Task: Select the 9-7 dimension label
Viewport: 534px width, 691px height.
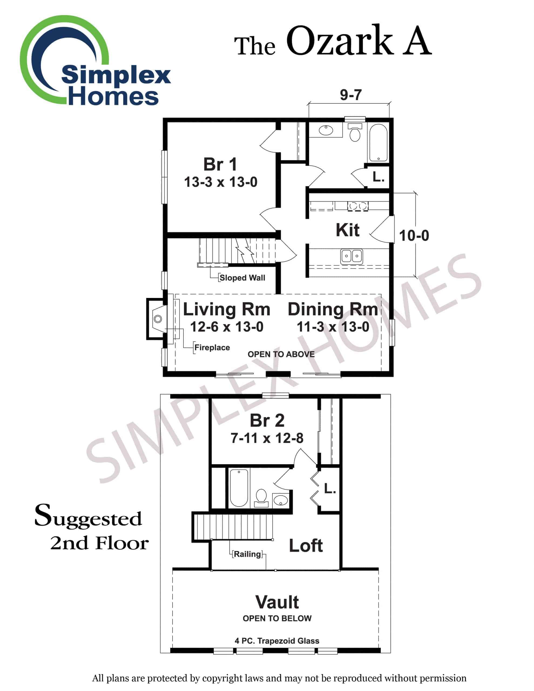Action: [x=351, y=94]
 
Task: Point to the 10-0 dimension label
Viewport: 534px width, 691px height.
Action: [x=414, y=236]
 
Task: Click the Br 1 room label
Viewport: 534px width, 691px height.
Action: [x=220, y=165]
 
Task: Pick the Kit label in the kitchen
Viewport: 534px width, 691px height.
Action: [x=347, y=230]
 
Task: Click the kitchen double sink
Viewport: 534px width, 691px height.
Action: [x=351, y=256]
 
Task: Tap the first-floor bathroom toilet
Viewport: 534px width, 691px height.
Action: [x=355, y=133]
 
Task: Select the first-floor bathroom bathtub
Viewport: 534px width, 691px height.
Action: [x=378, y=143]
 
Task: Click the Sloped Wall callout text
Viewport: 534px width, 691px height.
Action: [x=242, y=278]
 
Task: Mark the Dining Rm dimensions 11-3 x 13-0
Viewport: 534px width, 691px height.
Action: [x=333, y=327]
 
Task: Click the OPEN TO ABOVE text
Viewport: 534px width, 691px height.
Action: [x=281, y=354]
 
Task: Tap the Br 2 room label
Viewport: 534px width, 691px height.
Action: [x=267, y=421]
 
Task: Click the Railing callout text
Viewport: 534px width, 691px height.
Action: [x=247, y=554]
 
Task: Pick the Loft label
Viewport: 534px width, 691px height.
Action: [x=306, y=546]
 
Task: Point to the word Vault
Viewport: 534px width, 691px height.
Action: [x=277, y=602]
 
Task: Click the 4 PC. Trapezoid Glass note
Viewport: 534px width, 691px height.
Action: [x=277, y=641]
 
